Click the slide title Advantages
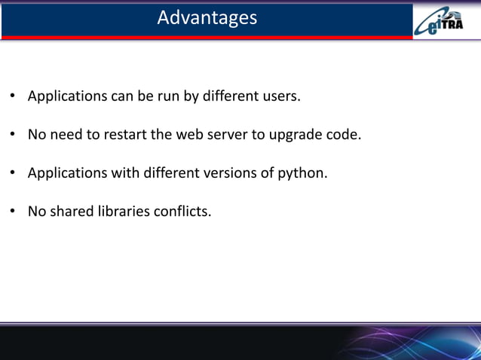click(x=207, y=17)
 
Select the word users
click(x=280, y=96)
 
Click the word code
click(x=344, y=136)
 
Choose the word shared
click(x=71, y=212)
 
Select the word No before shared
click(x=37, y=212)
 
